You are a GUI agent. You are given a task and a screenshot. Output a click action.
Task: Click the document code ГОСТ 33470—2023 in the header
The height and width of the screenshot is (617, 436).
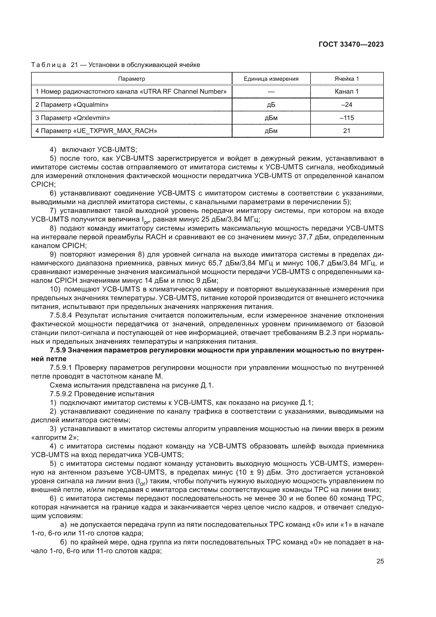[x=351, y=45]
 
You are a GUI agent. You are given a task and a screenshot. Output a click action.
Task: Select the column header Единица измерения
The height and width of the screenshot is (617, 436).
[x=271, y=79]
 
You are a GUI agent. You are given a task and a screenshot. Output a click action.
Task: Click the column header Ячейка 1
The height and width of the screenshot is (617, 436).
[x=347, y=79]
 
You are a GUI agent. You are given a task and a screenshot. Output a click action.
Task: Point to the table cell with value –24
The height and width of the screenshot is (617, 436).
[x=347, y=104]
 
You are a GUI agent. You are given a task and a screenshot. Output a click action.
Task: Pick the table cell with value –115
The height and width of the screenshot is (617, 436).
[x=347, y=118]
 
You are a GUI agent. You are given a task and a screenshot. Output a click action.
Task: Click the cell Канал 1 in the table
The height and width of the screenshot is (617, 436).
[x=347, y=91]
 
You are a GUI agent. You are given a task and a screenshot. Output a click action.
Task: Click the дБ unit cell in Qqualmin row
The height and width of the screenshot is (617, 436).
[x=271, y=104]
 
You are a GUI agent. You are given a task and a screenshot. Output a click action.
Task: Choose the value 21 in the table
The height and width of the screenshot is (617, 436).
[x=347, y=131]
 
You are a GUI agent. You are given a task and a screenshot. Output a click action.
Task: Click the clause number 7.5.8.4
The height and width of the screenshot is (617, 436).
[x=61, y=315]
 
